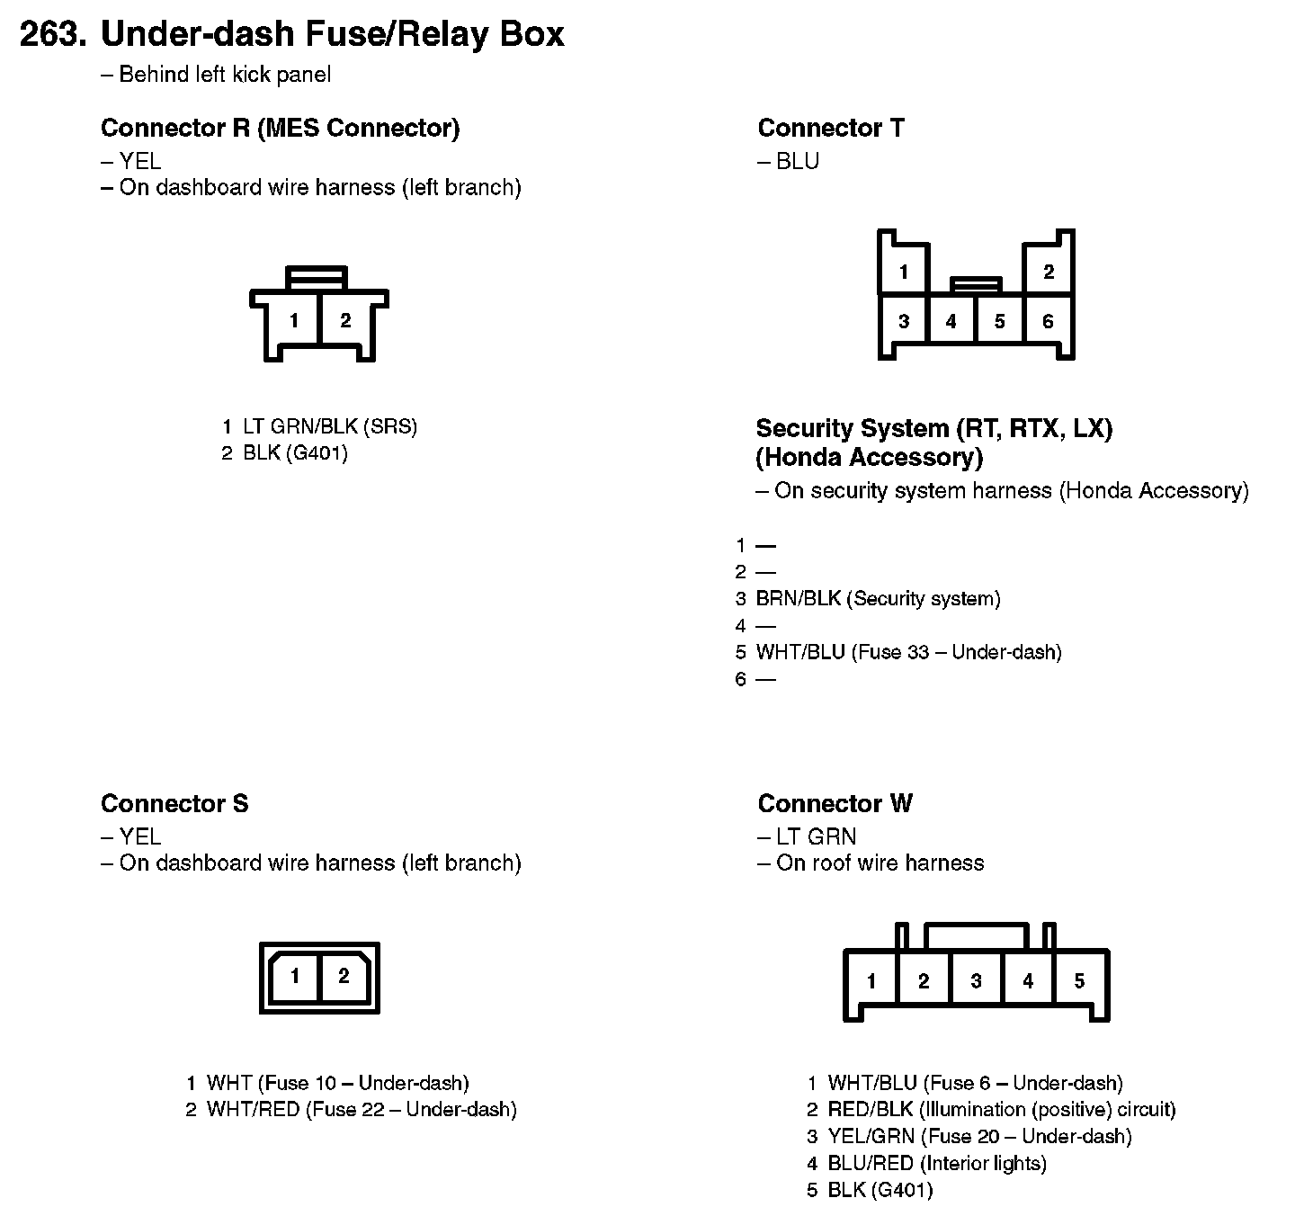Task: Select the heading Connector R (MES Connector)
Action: (x=280, y=128)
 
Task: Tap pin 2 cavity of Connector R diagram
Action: (x=345, y=320)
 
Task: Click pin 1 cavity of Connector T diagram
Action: (x=903, y=272)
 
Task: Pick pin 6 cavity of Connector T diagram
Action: (x=1048, y=321)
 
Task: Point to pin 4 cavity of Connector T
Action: (x=951, y=321)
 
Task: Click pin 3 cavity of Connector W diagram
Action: (x=976, y=980)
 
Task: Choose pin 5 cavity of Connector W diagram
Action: (x=1079, y=980)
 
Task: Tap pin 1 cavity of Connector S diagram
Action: (x=295, y=976)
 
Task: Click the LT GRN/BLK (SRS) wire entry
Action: (x=329, y=426)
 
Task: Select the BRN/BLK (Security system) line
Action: (x=877, y=599)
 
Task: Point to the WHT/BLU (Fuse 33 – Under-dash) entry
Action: (x=908, y=652)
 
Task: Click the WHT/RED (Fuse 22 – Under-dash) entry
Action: (x=361, y=1110)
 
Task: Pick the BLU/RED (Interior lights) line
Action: (x=936, y=1164)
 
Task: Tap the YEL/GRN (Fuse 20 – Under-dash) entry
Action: (x=978, y=1137)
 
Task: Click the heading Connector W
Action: (x=835, y=803)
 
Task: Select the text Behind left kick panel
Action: (x=225, y=75)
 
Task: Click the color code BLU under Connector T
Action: (x=797, y=162)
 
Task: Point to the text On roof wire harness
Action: (x=880, y=863)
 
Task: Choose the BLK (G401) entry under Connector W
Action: (x=880, y=1191)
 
